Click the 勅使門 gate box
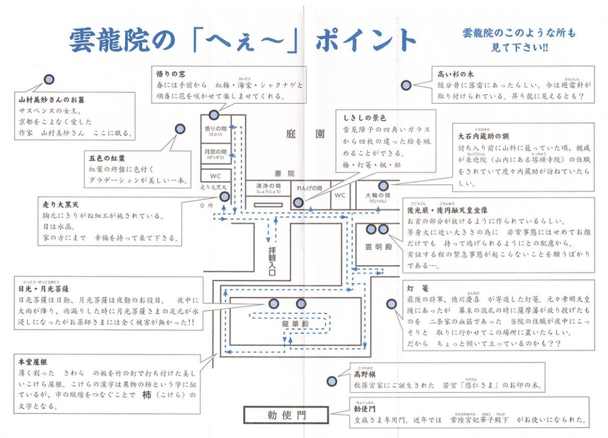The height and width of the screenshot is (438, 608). click(286, 414)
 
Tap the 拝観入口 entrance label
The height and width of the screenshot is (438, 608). click(272, 261)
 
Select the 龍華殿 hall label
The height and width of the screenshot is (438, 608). click(295, 324)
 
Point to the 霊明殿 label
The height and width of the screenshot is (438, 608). click(378, 247)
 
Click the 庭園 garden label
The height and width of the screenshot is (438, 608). click(305, 134)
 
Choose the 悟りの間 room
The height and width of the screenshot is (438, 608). click(216, 130)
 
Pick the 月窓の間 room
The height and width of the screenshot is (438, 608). click(216, 153)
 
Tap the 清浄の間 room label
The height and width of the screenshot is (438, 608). click(268, 188)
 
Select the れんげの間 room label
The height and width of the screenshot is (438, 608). click(309, 188)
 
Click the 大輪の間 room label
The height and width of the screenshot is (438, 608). click(377, 197)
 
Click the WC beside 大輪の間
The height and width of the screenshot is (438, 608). click(340, 195)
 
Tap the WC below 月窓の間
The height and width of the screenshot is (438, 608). click(215, 176)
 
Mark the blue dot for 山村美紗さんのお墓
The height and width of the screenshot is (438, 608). click(49, 80)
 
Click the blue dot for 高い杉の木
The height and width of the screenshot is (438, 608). click(406, 86)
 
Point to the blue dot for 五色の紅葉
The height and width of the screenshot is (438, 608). click(180, 129)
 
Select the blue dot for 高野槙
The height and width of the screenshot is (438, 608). click(332, 381)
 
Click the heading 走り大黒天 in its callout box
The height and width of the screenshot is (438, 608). click(60, 204)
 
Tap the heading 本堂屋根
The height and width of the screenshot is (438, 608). click(33, 362)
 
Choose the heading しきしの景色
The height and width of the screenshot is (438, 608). click(364, 118)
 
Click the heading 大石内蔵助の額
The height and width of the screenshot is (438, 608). click(483, 136)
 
